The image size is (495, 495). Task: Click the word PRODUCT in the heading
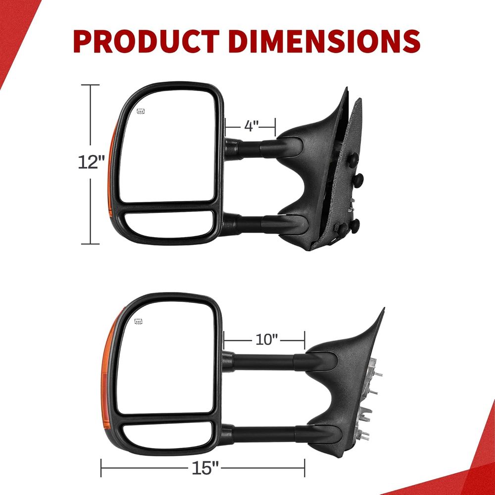coord(146,41)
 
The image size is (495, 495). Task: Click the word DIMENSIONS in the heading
coord(325,41)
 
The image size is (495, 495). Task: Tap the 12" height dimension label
coord(91,162)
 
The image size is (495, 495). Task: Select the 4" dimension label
coord(251,126)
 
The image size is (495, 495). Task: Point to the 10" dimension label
coord(266,340)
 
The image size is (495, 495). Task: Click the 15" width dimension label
coord(205,468)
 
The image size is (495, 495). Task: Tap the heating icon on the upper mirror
coord(141,111)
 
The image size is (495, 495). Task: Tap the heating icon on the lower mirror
coord(138,322)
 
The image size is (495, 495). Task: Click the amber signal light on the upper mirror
coord(112,170)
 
